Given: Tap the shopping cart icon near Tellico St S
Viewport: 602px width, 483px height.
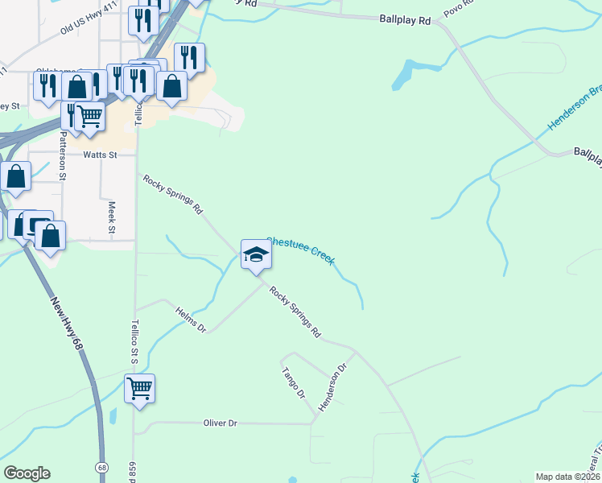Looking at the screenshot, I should (139, 389).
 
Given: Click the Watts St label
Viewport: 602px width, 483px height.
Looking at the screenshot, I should (100, 154).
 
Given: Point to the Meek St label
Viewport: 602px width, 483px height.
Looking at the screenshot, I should (112, 218).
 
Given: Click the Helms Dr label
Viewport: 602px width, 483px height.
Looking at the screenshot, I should (192, 318).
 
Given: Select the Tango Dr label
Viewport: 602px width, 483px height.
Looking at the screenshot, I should (294, 383).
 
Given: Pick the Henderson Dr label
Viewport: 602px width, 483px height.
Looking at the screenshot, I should (332, 388).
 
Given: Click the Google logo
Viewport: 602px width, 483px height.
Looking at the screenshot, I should (27, 473).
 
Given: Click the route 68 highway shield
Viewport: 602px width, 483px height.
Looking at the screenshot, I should (101, 468).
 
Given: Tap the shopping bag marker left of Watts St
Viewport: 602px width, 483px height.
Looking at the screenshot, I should (15, 176).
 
